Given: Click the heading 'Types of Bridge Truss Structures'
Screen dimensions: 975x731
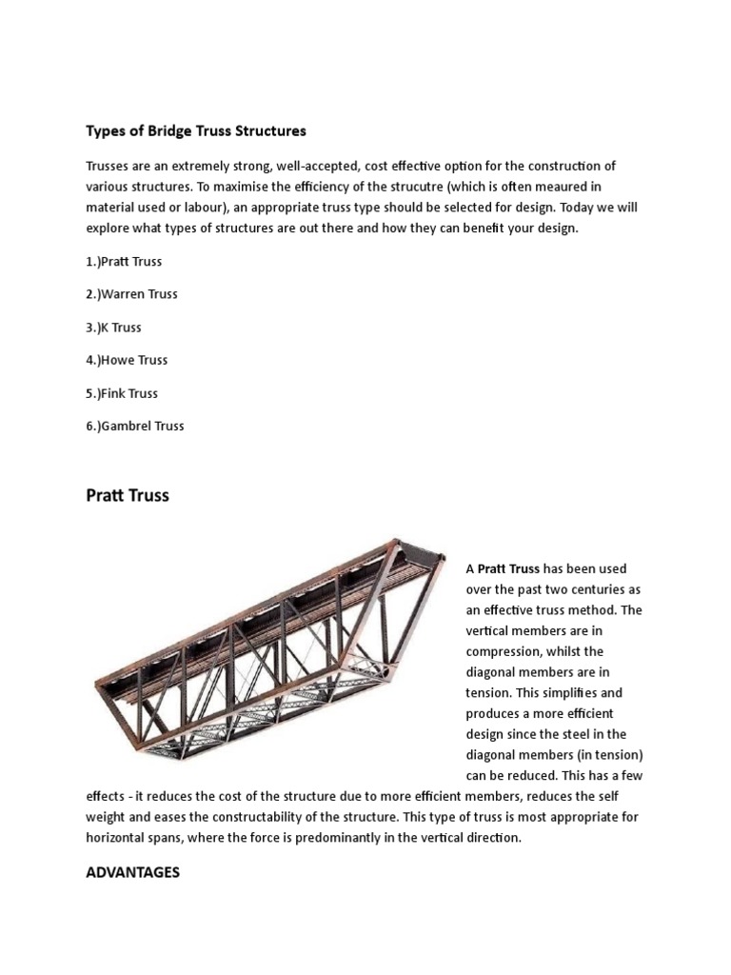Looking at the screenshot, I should (196, 129).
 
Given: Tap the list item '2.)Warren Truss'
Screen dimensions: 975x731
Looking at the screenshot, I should (131, 294).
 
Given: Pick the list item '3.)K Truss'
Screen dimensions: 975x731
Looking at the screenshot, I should (113, 327).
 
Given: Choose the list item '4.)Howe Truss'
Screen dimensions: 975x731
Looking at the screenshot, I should (127, 360).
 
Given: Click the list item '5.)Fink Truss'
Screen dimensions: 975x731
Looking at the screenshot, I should (122, 393).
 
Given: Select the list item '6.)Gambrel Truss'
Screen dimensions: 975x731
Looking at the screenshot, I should (135, 426).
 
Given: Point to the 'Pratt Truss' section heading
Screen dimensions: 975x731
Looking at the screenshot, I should (128, 496).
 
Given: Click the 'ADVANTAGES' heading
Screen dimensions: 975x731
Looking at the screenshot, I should (132, 872).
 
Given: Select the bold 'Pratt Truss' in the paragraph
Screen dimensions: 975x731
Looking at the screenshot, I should (508, 568).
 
